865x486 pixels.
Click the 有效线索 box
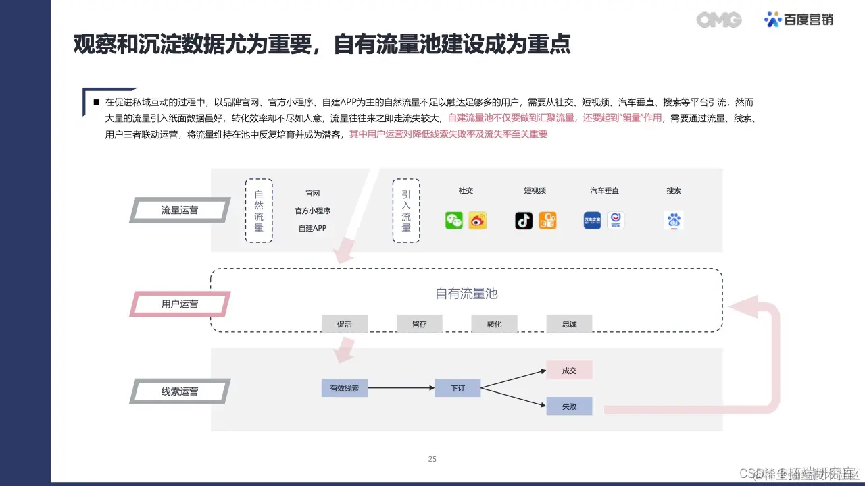(x=345, y=388)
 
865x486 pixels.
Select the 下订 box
(x=458, y=388)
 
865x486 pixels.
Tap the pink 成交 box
(x=569, y=371)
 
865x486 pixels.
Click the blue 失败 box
(x=569, y=406)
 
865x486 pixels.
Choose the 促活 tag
(x=345, y=324)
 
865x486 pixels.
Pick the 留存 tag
(x=420, y=324)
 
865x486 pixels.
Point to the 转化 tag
(x=495, y=324)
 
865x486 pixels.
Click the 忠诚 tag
(x=569, y=324)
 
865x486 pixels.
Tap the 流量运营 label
(x=180, y=210)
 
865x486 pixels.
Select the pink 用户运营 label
(x=180, y=304)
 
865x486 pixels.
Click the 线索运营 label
(x=180, y=391)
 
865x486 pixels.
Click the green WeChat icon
(x=454, y=221)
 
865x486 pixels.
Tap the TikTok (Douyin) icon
(x=524, y=221)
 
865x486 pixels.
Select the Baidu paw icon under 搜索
(x=674, y=221)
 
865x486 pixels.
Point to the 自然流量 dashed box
(x=259, y=210)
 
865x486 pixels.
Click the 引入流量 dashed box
(x=406, y=210)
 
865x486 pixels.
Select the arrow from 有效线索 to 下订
(x=401, y=388)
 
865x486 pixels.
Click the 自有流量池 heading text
(x=466, y=294)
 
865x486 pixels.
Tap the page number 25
(x=432, y=459)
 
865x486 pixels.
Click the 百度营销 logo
(x=799, y=20)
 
